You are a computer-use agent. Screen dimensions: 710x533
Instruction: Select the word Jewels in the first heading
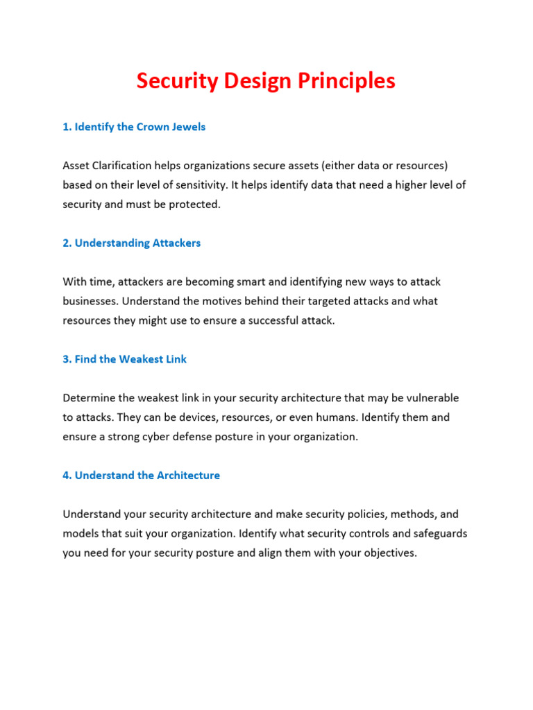coord(189,127)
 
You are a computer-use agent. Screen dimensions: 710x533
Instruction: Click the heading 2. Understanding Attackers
coord(132,243)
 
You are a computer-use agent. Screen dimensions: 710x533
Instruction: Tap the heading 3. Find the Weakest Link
coord(125,359)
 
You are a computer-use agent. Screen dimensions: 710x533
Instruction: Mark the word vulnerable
coord(432,398)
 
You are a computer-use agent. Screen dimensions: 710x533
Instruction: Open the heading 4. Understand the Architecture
coord(142,476)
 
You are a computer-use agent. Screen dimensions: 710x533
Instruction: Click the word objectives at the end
coord(389,553)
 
